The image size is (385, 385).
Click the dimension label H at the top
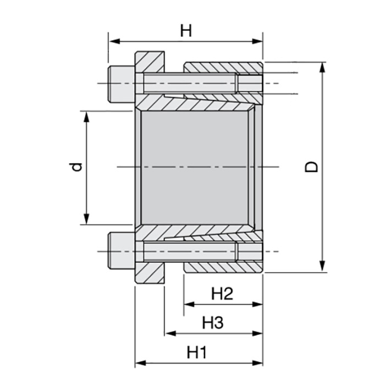coord(186,30)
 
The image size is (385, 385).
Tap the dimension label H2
coord(222,294)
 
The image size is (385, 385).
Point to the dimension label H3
coord(212,323)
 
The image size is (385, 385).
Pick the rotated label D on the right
coord(312,167)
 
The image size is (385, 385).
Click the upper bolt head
coord(121,84)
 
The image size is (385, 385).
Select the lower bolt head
coord(121,250)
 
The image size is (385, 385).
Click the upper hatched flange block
coord(150,62)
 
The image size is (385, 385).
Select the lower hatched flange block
coord(150,273)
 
